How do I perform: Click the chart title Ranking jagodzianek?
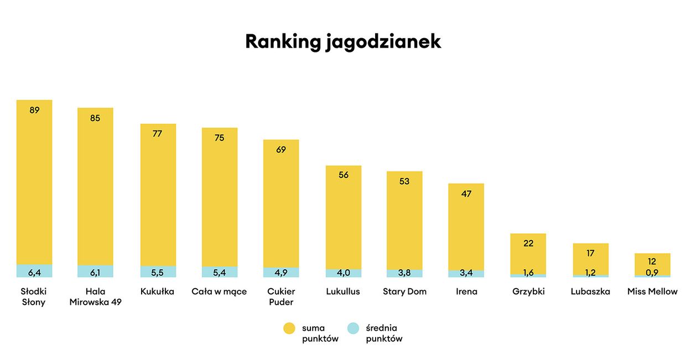[x=343, y=42]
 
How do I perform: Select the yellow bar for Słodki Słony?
[x=34, y=182]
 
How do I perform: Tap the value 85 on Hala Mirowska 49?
[x=95, y=118]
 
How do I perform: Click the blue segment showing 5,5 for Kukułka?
[x=158, y=272]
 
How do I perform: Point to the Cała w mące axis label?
[x=219, y=291]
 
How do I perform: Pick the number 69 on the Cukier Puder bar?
[x=281, y=150]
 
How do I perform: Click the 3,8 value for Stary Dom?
[x=404, y=273]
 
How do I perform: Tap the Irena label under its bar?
[x=466, y=291]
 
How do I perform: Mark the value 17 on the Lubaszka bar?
[x=590, y=253]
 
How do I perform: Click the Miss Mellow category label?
[x=652, y=291]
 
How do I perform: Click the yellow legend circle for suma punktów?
[x=289, y=328]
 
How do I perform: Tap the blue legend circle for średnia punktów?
[x=354, y=328]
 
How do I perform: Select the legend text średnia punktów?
[x=384, y=333]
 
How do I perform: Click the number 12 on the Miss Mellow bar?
[x=652, y=262]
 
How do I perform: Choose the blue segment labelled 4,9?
[x=281, y=272]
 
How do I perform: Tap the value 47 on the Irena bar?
[x=466, y=194]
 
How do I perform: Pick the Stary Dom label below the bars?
[x=404, y=291]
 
